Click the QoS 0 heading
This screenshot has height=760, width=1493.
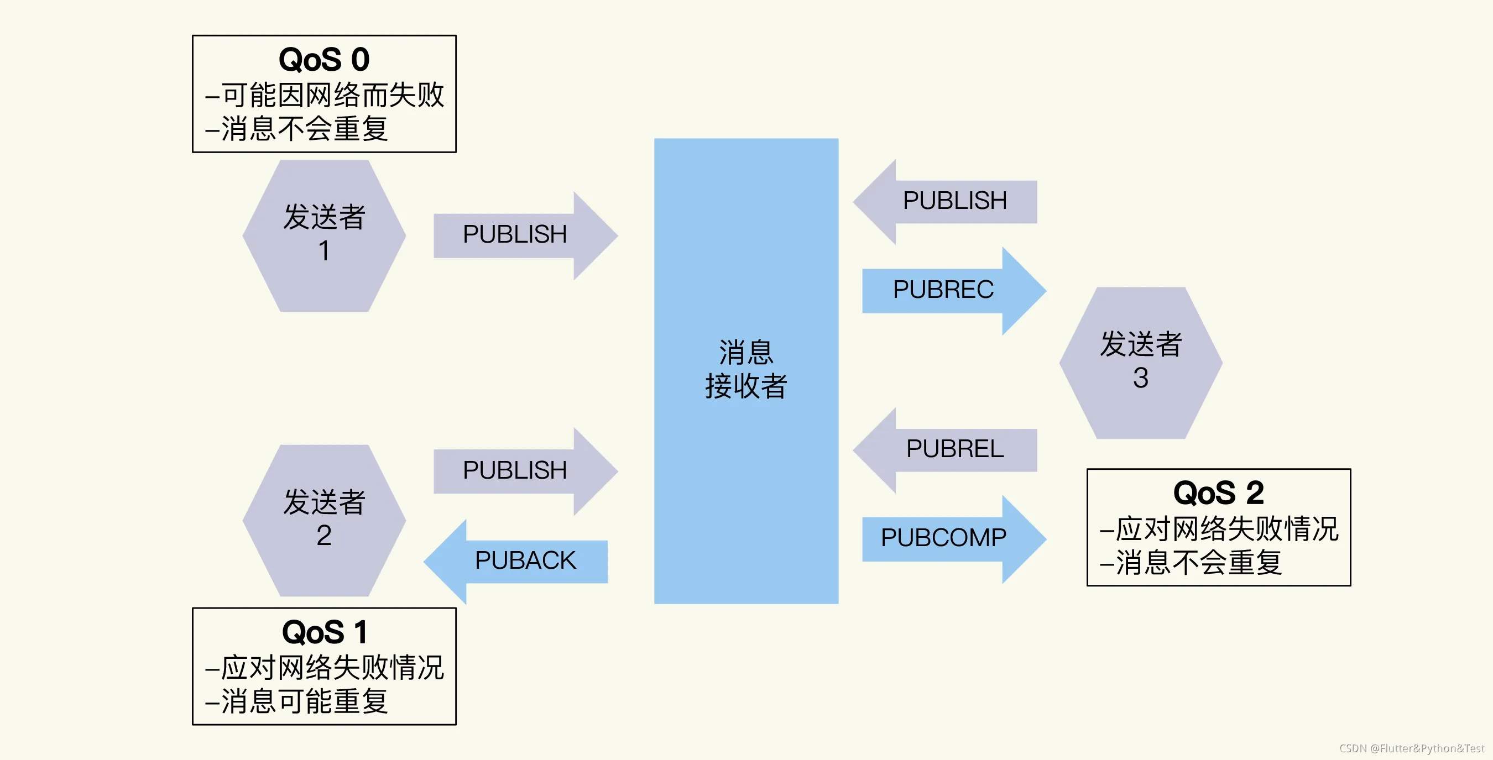coord(324,60)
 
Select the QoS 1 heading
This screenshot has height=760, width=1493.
coord(324,632)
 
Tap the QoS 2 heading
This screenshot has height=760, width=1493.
coord(1218,493)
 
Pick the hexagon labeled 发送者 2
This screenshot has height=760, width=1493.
coord(324,520)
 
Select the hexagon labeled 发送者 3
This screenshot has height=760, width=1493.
coord(1140,363)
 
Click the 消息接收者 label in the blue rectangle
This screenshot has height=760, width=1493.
coord(746,369)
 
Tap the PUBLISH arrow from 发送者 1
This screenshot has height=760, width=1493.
coord(515,234)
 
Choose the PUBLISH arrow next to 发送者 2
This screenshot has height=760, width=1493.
coord(515,470)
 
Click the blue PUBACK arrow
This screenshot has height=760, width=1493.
coord(525,560)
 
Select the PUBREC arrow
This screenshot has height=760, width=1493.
coord(943,290)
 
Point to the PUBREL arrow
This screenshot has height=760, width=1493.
coord(954,449)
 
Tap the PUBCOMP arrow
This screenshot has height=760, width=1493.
coord(943,538)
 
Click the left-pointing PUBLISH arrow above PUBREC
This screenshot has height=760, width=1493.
coord(954,201)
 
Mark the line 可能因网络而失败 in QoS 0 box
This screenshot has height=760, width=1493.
coord(332,95)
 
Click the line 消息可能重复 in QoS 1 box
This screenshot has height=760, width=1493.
coord(304,701)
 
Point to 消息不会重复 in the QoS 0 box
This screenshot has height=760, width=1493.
coord(304,129)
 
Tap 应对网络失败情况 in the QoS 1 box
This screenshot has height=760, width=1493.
coord(332,667)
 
